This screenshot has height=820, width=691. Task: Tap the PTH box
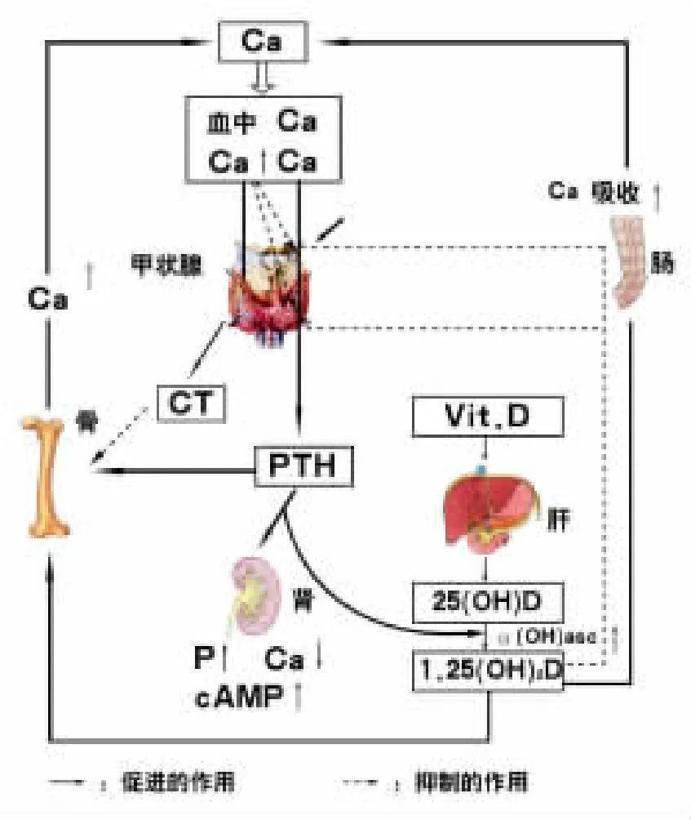click(x=305, y=466)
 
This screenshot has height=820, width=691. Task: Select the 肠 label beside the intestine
click(x=662, y=264)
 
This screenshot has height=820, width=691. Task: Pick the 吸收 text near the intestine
click(x=613, y=193)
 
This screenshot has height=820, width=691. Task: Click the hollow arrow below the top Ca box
click(x=262, y=79)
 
